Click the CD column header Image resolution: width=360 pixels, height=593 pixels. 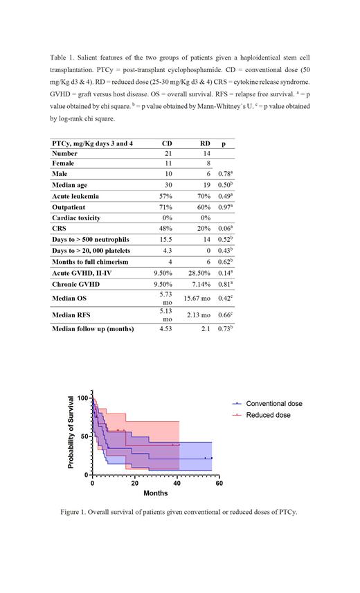[167, 142]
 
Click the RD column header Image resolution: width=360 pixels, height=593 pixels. [204, 142]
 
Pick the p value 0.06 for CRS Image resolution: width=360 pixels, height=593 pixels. [225, 228]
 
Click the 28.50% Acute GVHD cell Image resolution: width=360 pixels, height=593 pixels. [199, 272]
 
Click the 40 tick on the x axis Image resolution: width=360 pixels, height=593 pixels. [177, 484]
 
